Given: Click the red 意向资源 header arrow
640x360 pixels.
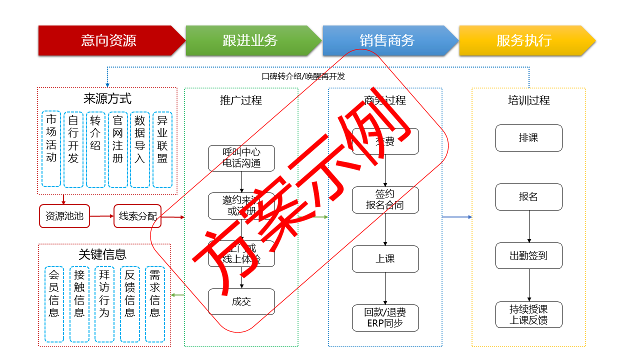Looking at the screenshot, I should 109,40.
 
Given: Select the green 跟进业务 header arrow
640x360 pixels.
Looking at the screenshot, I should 250,40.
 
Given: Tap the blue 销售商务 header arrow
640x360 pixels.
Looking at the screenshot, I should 387,40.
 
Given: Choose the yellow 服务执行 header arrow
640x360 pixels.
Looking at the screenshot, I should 524,40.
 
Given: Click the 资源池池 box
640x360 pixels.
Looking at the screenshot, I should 64,216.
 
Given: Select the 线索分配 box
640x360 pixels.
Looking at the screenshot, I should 137,216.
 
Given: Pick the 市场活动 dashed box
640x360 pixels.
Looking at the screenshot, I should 51,149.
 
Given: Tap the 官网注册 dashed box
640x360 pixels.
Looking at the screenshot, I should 118,149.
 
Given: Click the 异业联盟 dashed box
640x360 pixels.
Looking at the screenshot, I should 162,149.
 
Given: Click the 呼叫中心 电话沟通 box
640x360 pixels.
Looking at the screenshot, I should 241,157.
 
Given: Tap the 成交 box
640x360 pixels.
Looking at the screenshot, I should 241,301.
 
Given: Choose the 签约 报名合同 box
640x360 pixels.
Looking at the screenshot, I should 385,200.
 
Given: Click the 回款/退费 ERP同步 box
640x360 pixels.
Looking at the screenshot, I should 385,318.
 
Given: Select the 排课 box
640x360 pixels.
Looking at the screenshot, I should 528,138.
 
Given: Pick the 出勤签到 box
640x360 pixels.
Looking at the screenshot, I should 528,256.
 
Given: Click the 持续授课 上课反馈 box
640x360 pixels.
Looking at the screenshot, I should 528,315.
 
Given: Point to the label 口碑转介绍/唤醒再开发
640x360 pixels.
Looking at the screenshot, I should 303,76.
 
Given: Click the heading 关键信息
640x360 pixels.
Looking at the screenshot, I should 102,254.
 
